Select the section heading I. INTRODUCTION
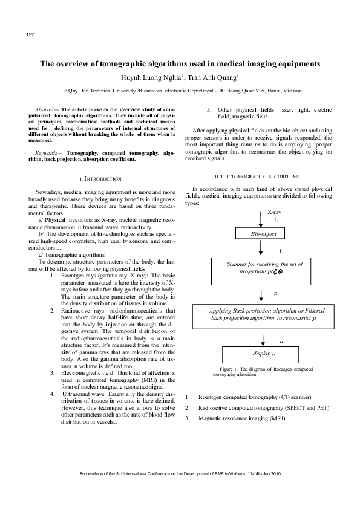[x=101, y=179]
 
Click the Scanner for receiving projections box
[x=264, y=268]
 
